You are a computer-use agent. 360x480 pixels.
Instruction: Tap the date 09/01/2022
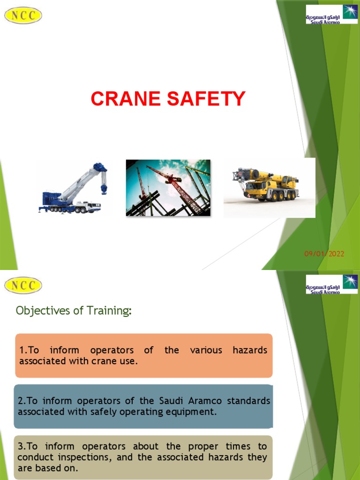(324, 254)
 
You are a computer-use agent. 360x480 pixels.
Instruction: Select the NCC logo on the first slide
(23, 15)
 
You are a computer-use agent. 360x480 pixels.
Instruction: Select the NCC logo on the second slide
(23, 285)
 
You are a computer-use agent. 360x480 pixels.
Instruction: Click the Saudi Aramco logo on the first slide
(331, 15)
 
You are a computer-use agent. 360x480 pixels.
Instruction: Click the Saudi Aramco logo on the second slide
(331, 285)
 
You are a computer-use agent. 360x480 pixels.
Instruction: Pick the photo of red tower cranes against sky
(168, 187)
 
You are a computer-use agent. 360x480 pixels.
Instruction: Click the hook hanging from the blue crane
(103, 188)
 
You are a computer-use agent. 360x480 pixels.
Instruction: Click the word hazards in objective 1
(249, 351)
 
